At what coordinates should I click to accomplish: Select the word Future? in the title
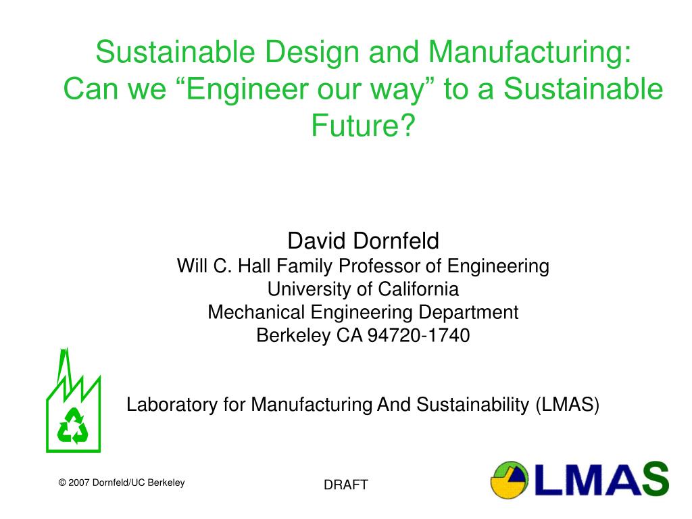(x=363, y=125)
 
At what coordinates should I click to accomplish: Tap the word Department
(x=468, y=313)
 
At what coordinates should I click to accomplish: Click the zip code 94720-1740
(x=419, y=335)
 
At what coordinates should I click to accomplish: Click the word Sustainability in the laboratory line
(x=472, y=405)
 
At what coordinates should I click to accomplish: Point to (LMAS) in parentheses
(x=568, y=405)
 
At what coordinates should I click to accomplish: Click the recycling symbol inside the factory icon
(x=73, y=426)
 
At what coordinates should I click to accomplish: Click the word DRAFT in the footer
(x=345, y=485)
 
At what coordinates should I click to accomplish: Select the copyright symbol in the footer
(x=62, y=483)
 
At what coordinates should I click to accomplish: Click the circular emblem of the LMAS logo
(x=510, y=480)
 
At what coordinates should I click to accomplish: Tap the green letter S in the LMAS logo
(x=655, y=479)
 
